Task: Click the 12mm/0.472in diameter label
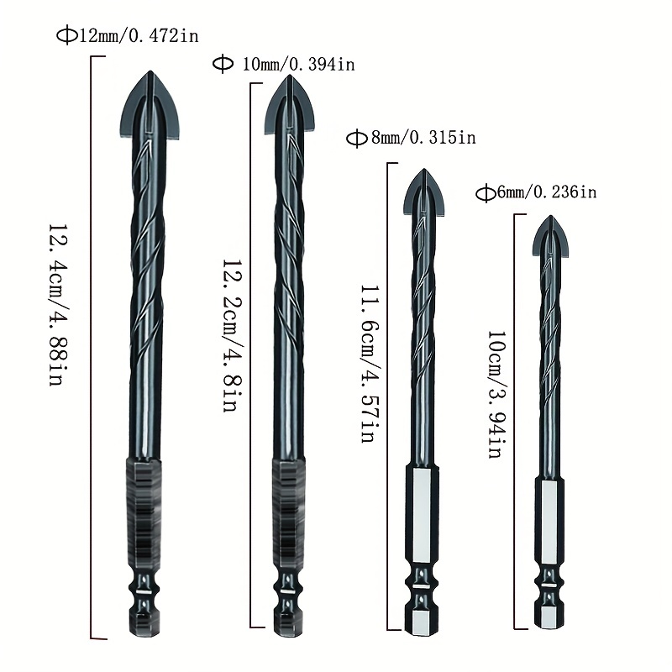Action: [x=128, y=35]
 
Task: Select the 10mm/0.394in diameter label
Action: [x=284, y=65]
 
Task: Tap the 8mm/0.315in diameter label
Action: [x=411, y=138]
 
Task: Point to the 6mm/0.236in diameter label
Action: [x=536, y=192]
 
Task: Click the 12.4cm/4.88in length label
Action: [x=58, y=305]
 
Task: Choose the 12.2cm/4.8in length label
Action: [x=232, y=335]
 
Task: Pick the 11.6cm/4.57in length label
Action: [x=369, y=364]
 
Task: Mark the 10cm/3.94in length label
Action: [x=498, y=395]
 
